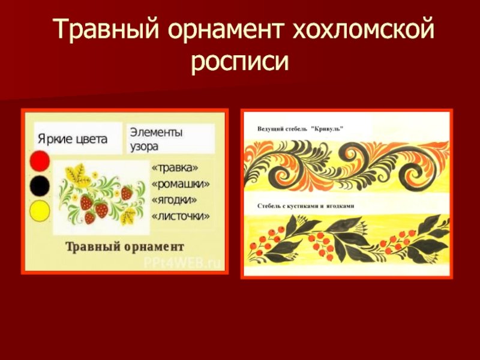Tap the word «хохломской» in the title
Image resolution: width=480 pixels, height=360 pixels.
pyautogui.click(x=364, y=29)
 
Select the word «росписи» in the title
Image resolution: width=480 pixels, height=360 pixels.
pyautogui.click(x=240, y=62)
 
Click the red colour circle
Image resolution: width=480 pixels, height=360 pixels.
pyautogui.click(x=40, y=160)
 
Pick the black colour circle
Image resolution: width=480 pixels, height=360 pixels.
pyautogui.click(x=40, y=186)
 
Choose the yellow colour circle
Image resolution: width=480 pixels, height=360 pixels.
pyautogui.click(x=40, y=211)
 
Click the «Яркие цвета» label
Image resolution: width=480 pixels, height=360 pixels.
pyautogui.click(x=73, y=139)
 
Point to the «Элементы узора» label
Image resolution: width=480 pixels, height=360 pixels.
pyautogui.click(x=156, y=139)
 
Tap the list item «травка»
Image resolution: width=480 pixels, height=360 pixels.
pyautogui.click(x=175, y=168)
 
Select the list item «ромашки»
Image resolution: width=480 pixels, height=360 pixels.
pyautogui.click(x=181, y=184)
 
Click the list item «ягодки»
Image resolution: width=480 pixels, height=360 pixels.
pyautogui.click(x=175, y=200)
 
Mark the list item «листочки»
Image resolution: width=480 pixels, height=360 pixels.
pyautogui.click(x=181, y=216)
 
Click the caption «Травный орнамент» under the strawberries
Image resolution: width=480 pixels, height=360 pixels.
pyautogui.click(x=125, y=247)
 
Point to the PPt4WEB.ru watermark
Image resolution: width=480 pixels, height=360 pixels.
pyautogui.click(x=182, y=263)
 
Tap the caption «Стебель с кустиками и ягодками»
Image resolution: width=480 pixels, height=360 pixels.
pyautogui.click(x=306, y=206)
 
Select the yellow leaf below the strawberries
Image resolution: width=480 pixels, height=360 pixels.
pyautogui.click(x=128, y=217)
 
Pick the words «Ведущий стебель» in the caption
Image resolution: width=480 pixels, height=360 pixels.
pyautogui.click(x=282, y=129)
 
